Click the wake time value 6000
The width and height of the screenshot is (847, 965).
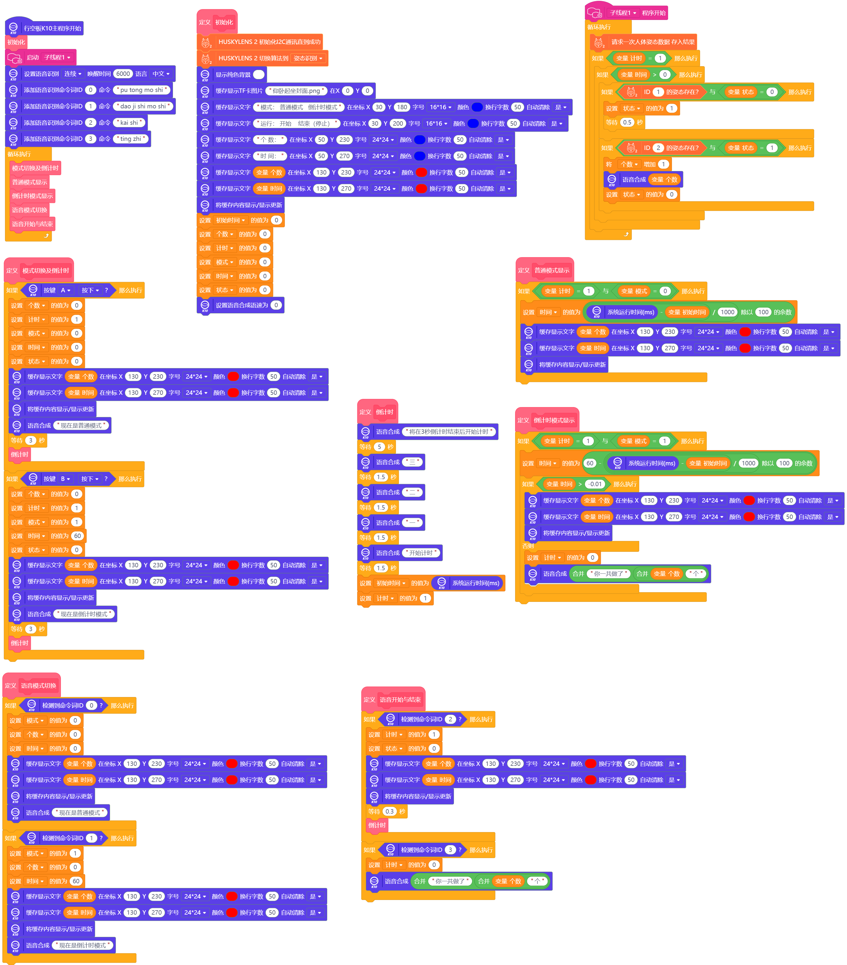tap(123, 74)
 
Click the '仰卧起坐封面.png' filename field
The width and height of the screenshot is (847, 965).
tap(296, 91)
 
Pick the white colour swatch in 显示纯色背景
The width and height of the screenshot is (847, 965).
tap(259, 75)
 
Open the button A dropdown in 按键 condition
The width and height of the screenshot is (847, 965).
tap(66, 290)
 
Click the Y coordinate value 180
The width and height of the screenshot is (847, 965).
tap(402, 107)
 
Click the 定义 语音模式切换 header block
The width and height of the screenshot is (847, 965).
tap(31, 686)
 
